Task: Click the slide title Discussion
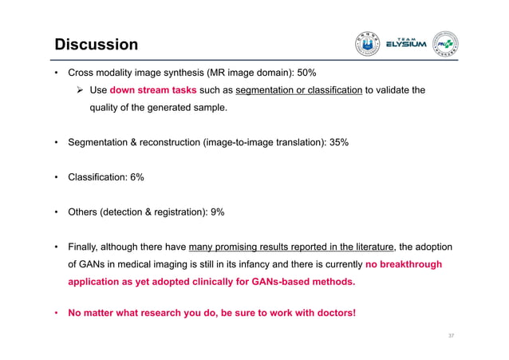point(96,44)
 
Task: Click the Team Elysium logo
point(407,44)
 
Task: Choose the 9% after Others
point(215,212)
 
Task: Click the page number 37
point(451,336)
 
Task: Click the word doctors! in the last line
point(334,312)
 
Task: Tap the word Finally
point(87,247)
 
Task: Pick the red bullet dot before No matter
point(57,312)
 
